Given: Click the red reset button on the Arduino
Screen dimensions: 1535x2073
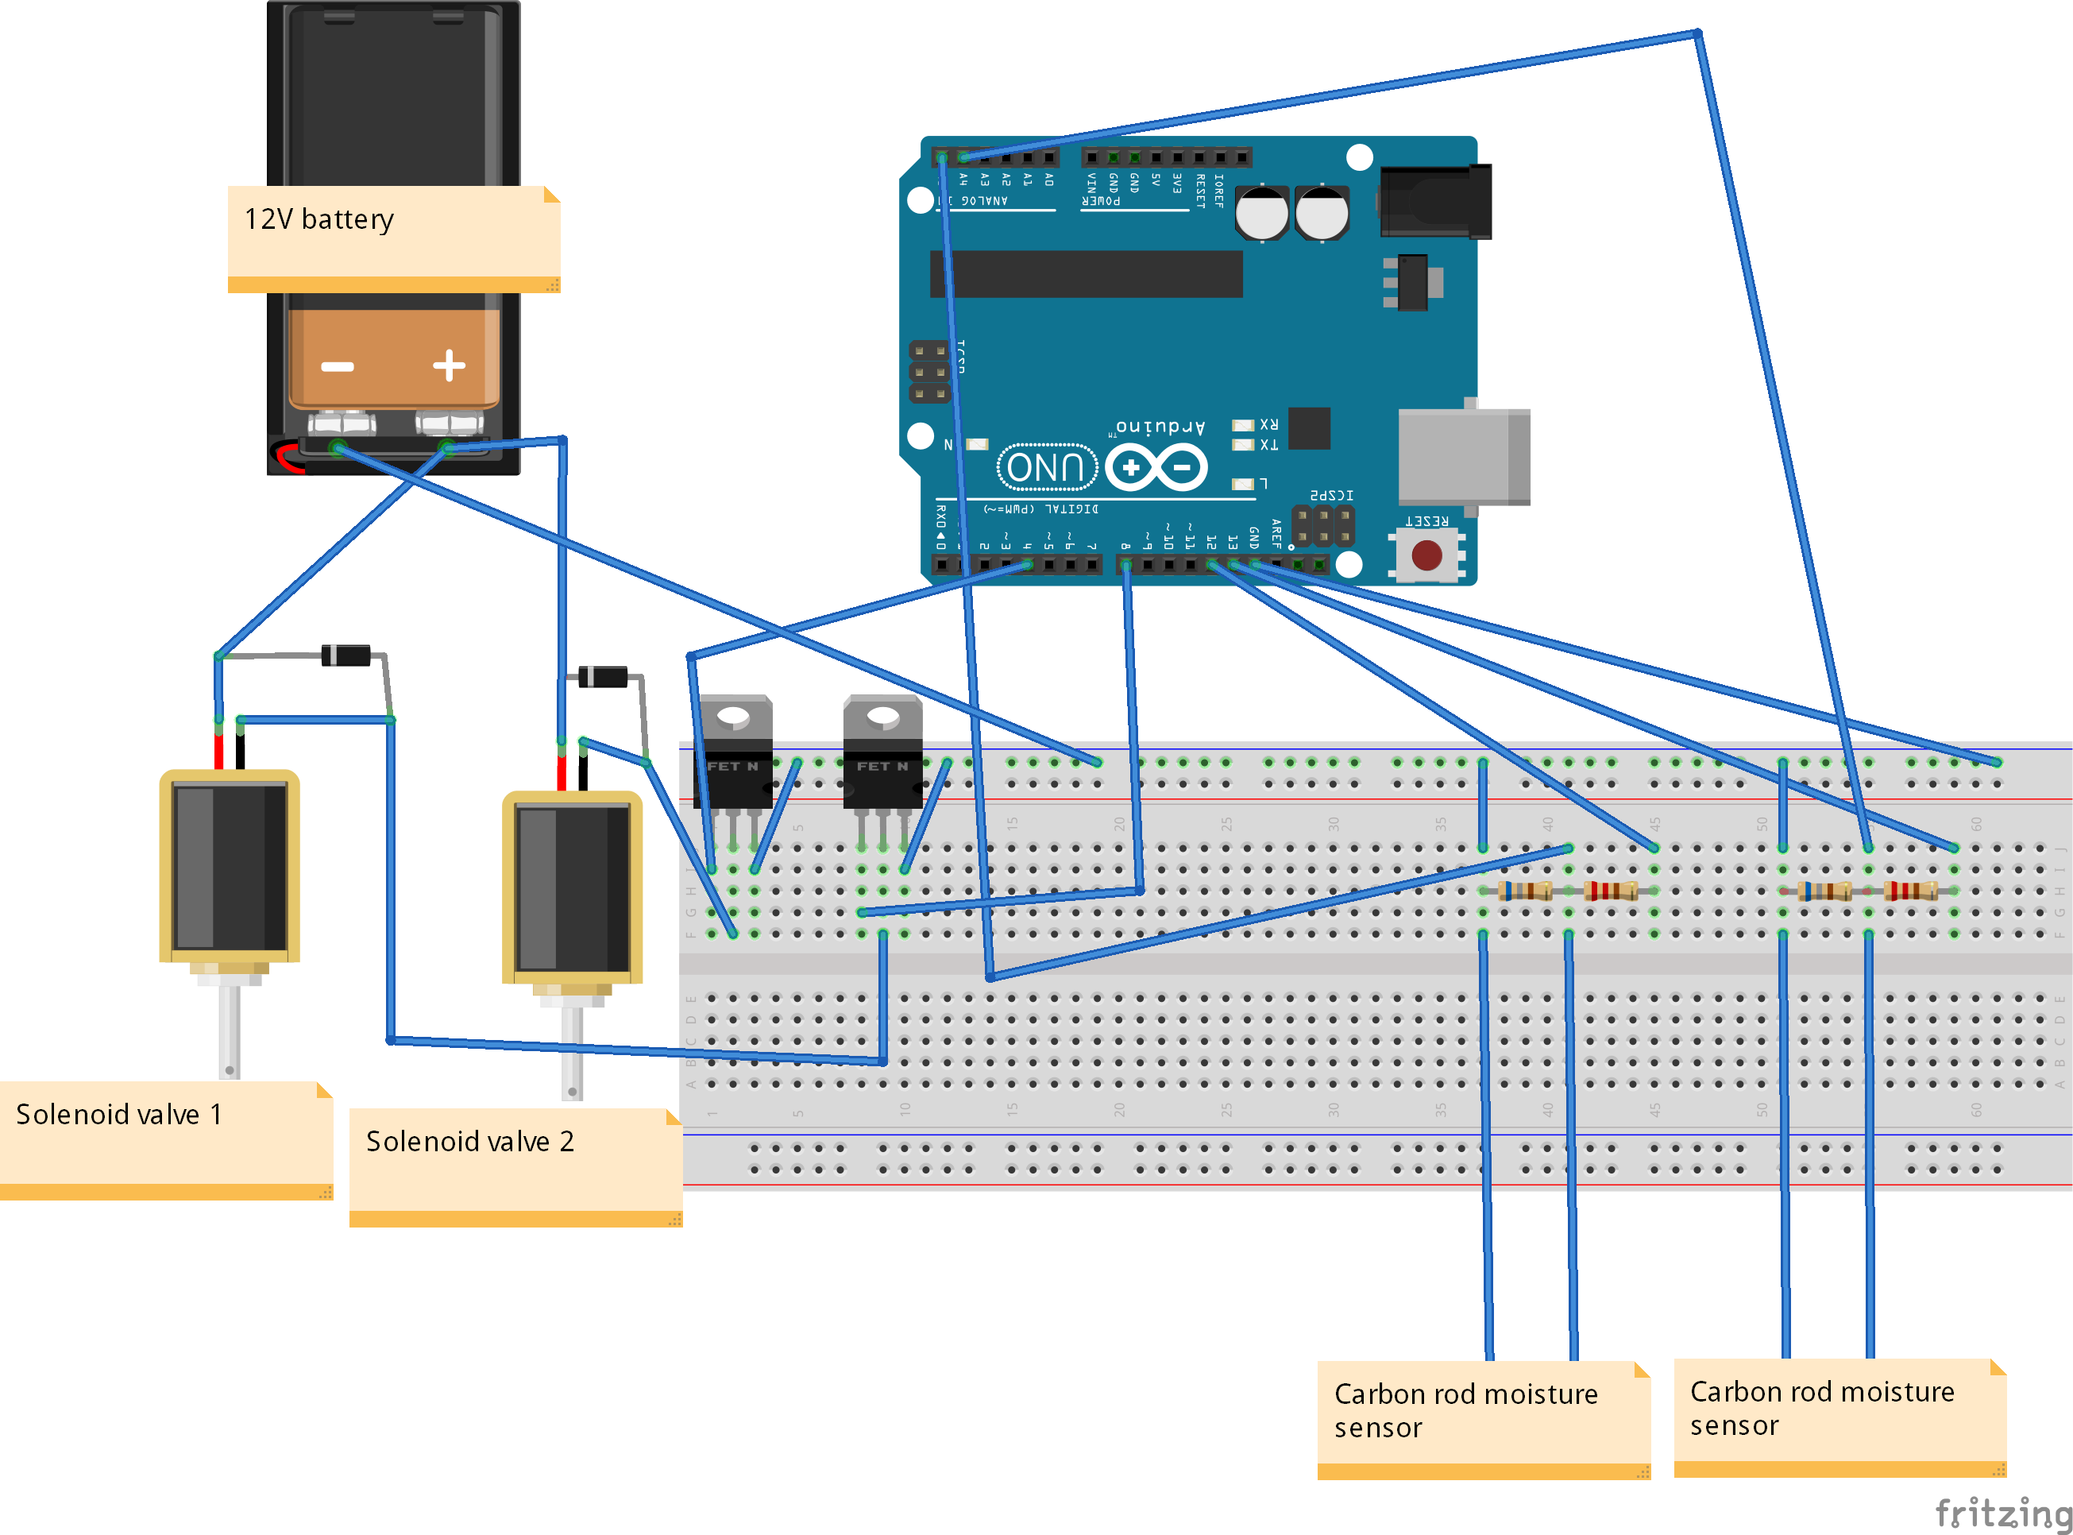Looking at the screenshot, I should (1426, 555).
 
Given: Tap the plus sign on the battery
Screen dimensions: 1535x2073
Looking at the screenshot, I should (450, 365).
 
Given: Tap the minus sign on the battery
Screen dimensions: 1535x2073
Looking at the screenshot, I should (337, 367).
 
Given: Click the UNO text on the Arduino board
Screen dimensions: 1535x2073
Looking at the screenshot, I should (1047, 467).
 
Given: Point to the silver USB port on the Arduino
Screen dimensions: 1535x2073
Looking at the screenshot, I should (1462, 456).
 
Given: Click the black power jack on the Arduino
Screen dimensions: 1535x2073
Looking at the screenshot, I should (1435, 201).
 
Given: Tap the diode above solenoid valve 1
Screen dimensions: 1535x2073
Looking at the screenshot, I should (346, 655).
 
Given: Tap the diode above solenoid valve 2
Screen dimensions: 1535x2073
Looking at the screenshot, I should (603, 676).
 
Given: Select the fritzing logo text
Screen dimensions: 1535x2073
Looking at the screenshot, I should (2002, 1513).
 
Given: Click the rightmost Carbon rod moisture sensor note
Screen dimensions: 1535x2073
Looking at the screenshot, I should (1839, 1415).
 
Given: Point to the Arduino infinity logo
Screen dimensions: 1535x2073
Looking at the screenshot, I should (1156, 467).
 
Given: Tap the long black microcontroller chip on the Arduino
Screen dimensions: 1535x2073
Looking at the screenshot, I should (1086, 273).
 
